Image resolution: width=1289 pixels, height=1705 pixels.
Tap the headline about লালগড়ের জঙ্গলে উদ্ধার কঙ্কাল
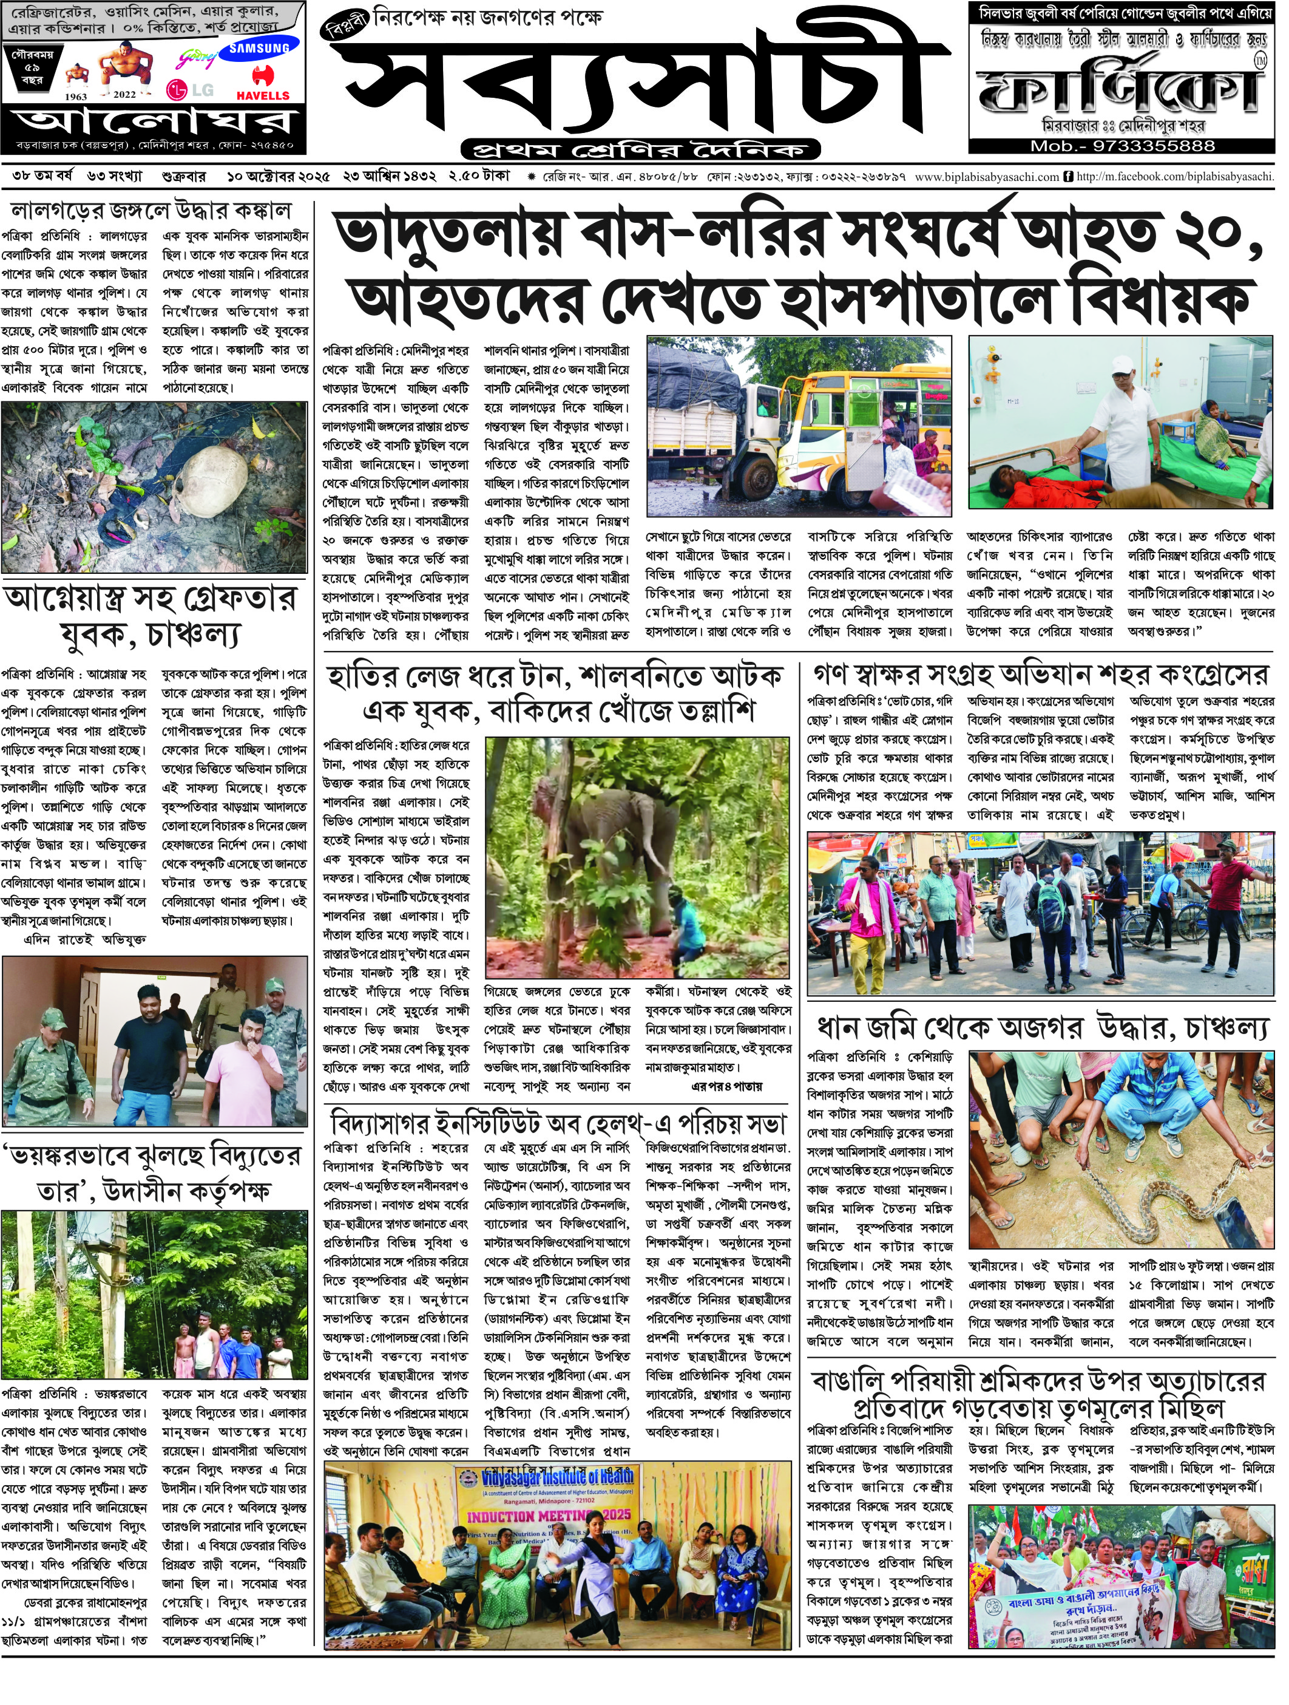151,211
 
